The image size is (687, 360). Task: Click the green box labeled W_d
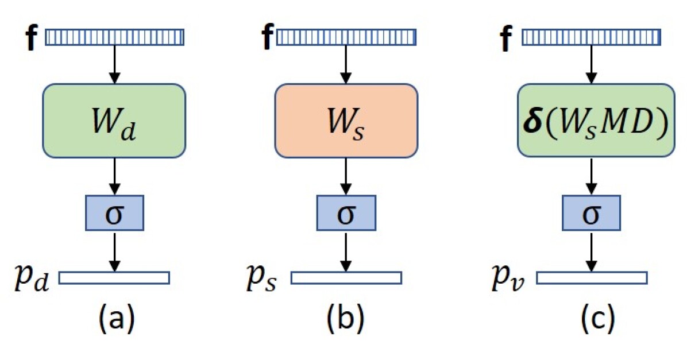pos(114,121)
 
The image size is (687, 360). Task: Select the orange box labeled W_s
pos(346,121)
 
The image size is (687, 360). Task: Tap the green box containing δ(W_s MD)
pos(595,121)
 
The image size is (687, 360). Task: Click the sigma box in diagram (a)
pos(114,212)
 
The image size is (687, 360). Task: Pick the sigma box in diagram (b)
pos(346,212)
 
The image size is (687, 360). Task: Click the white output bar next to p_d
pos(114,278)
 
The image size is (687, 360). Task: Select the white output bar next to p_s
pos(346,278)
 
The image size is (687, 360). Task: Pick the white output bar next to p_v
pos(592,278)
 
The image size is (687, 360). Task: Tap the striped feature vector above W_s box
pos(346,37)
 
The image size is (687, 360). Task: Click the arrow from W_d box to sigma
pos(114,176)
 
